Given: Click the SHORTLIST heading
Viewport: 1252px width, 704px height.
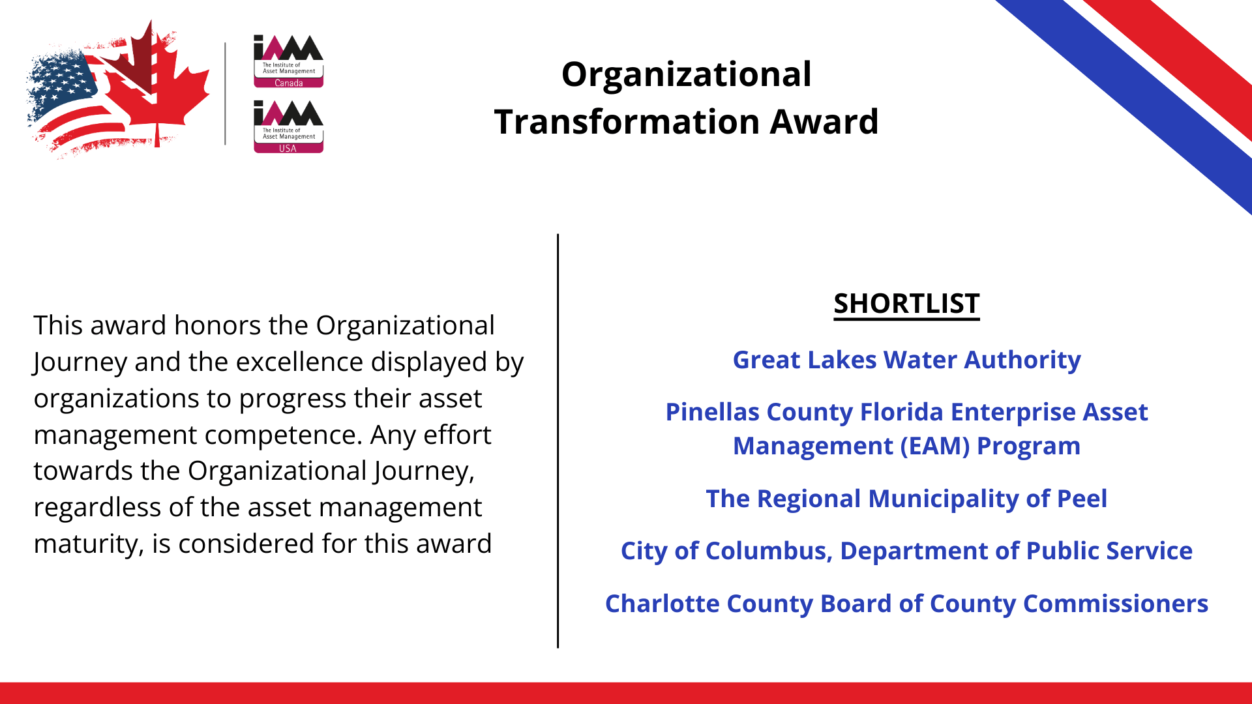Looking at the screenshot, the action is pyautogui.click(x=906, y=304).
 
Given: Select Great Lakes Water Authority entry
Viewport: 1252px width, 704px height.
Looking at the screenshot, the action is pyautogui.click(x=906, y=360).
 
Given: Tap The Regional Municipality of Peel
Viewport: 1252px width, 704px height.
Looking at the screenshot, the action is pyautogui.click(x=906, y=499).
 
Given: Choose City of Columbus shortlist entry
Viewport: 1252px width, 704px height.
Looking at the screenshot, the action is pyautogui.click(x=906, y=551).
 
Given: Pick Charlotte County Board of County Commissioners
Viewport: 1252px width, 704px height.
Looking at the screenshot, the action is pyautogui.click(x=906, y=604).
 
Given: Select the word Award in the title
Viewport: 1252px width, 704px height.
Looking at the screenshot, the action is pyautogui.click(x=824, y=122).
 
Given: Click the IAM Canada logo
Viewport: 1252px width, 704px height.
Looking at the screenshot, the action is pyautogui.click(x=288, y=61).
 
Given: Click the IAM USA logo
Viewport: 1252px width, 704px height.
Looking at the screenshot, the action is pyautogui.click(x=288, y=126).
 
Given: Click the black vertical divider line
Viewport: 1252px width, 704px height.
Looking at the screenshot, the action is pyautogui.click(x=558, y=441).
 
